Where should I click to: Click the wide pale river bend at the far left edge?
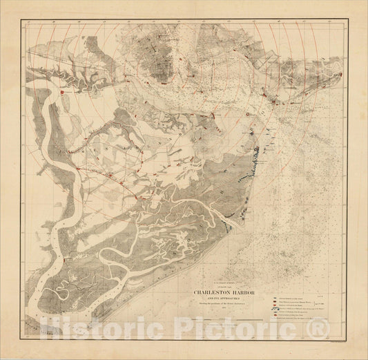tap(35, 131)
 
